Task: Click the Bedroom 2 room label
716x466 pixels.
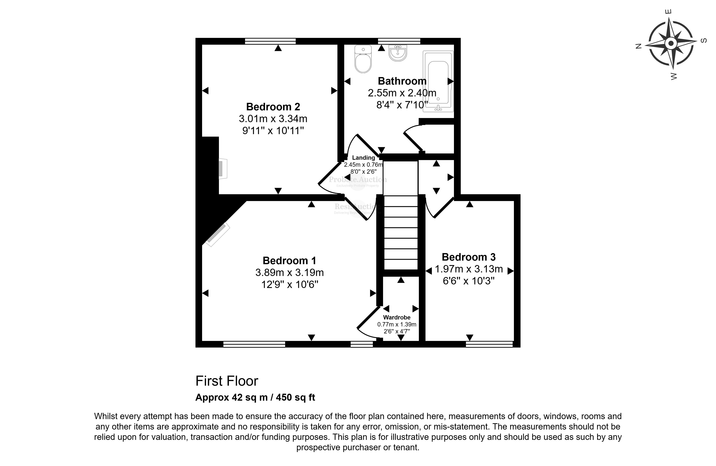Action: (273, 107)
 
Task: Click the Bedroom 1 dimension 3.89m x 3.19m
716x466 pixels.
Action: (289, 273)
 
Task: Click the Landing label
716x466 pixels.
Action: (363, 158)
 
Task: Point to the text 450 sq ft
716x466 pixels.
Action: (295, 397)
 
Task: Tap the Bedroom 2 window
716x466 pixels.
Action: (270, 41)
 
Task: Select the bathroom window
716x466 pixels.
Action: (399, 41)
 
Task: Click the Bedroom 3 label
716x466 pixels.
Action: (468, 257)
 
